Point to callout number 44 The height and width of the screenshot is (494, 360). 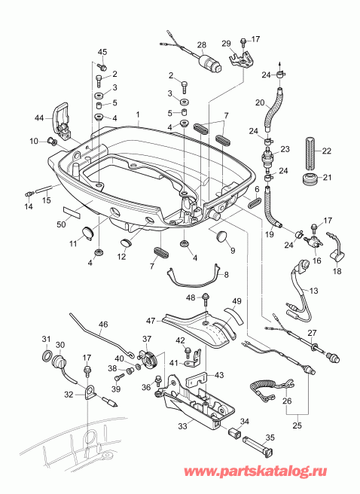pyautogui.click(x=40, y=117)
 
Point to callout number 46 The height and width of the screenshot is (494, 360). pyautogui.click(x=103, y=324)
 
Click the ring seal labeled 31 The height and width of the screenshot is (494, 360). pyautogui.click(x=46, y=355)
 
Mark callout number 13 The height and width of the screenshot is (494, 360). pyautogui.click(x=314, y=291)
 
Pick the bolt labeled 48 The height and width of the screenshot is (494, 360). pyautogui.click(x=205, y=298)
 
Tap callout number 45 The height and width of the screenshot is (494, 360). pyautogui.click(x=103, y=51)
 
